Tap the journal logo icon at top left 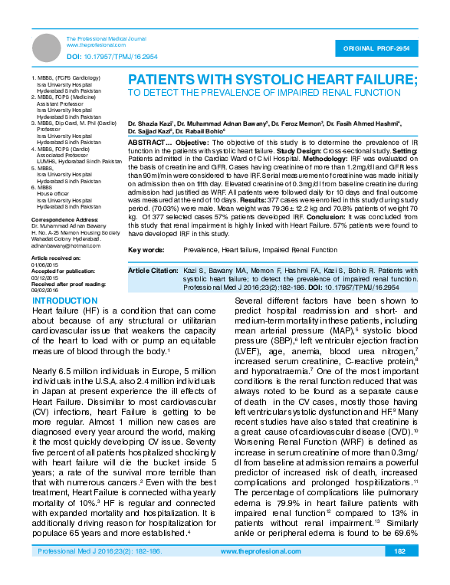coord(46,43)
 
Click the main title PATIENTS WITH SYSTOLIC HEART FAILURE coord(272,80)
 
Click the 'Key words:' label coord(145,250)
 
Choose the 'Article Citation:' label coord(153,271)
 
